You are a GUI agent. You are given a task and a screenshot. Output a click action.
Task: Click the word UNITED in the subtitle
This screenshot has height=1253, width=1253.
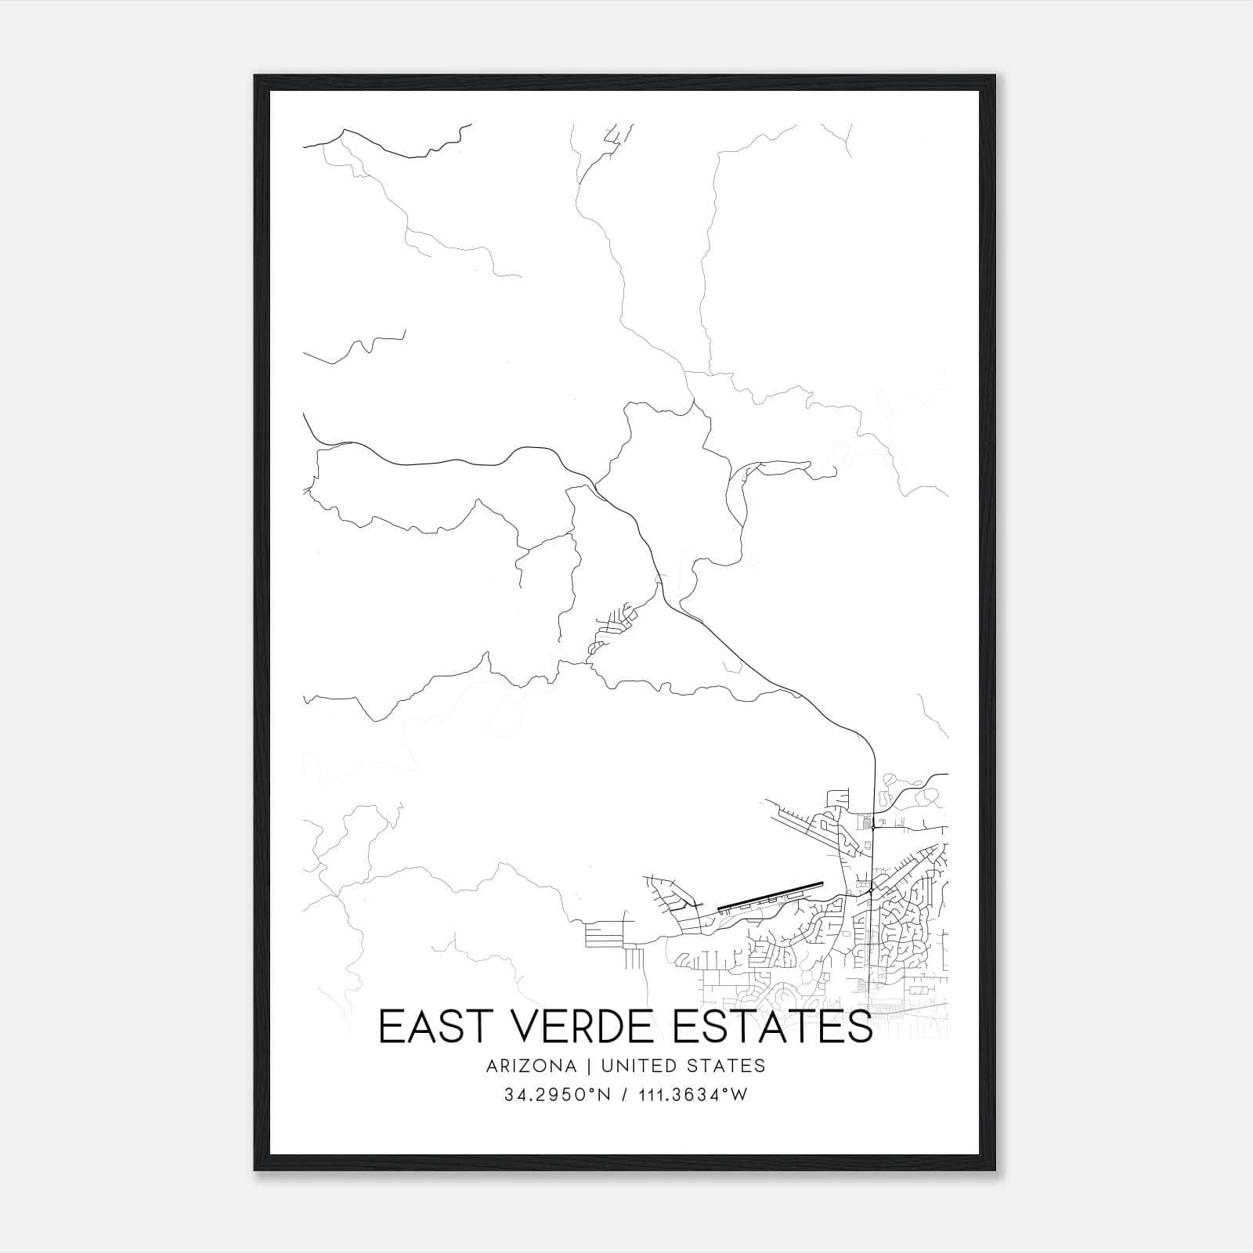pos(626,1066)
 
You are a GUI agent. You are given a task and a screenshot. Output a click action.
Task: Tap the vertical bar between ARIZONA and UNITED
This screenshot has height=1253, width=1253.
pos(583,1066)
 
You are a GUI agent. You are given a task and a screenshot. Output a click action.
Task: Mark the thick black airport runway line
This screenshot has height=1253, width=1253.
pos(771,895)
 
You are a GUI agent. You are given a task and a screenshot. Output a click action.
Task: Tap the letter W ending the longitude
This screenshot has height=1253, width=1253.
pos(740,1095)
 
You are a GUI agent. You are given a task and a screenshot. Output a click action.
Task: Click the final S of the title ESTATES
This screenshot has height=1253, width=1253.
pos(860,1027)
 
